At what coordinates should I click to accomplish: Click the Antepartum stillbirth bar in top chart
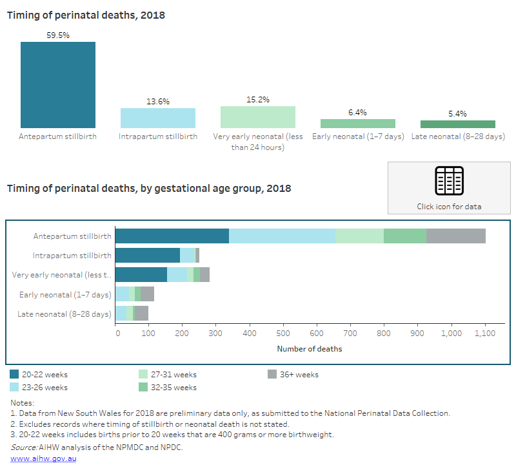click(x=58, y=84)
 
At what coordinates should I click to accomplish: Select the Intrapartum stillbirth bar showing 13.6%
click(x=158, y=118)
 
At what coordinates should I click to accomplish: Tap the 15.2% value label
click(x=258, y=100)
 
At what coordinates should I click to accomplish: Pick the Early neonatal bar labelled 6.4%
click(x=358, y=124)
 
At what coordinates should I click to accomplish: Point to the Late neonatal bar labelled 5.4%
click(x=458, y=124)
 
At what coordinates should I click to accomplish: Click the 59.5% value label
click(x=58, y=35)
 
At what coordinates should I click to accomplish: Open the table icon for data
click(x=449, y=181)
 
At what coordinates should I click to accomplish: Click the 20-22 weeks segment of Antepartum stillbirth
click(x=172, y=236)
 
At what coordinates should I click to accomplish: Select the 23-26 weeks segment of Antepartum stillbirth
click(x=282, y=236)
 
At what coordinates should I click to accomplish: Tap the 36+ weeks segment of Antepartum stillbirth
click(x=456, y=236)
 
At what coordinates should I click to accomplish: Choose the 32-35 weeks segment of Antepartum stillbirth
click(x=405, y=236)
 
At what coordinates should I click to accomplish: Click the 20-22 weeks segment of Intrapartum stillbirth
click(x=147, y=255)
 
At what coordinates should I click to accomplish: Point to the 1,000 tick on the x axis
click(x=451, y=334)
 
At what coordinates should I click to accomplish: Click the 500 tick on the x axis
click(x=283, y=334)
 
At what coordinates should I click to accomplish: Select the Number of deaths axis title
click(x=310, y=349)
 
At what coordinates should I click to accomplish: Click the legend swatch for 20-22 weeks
click(x=14, y=374)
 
